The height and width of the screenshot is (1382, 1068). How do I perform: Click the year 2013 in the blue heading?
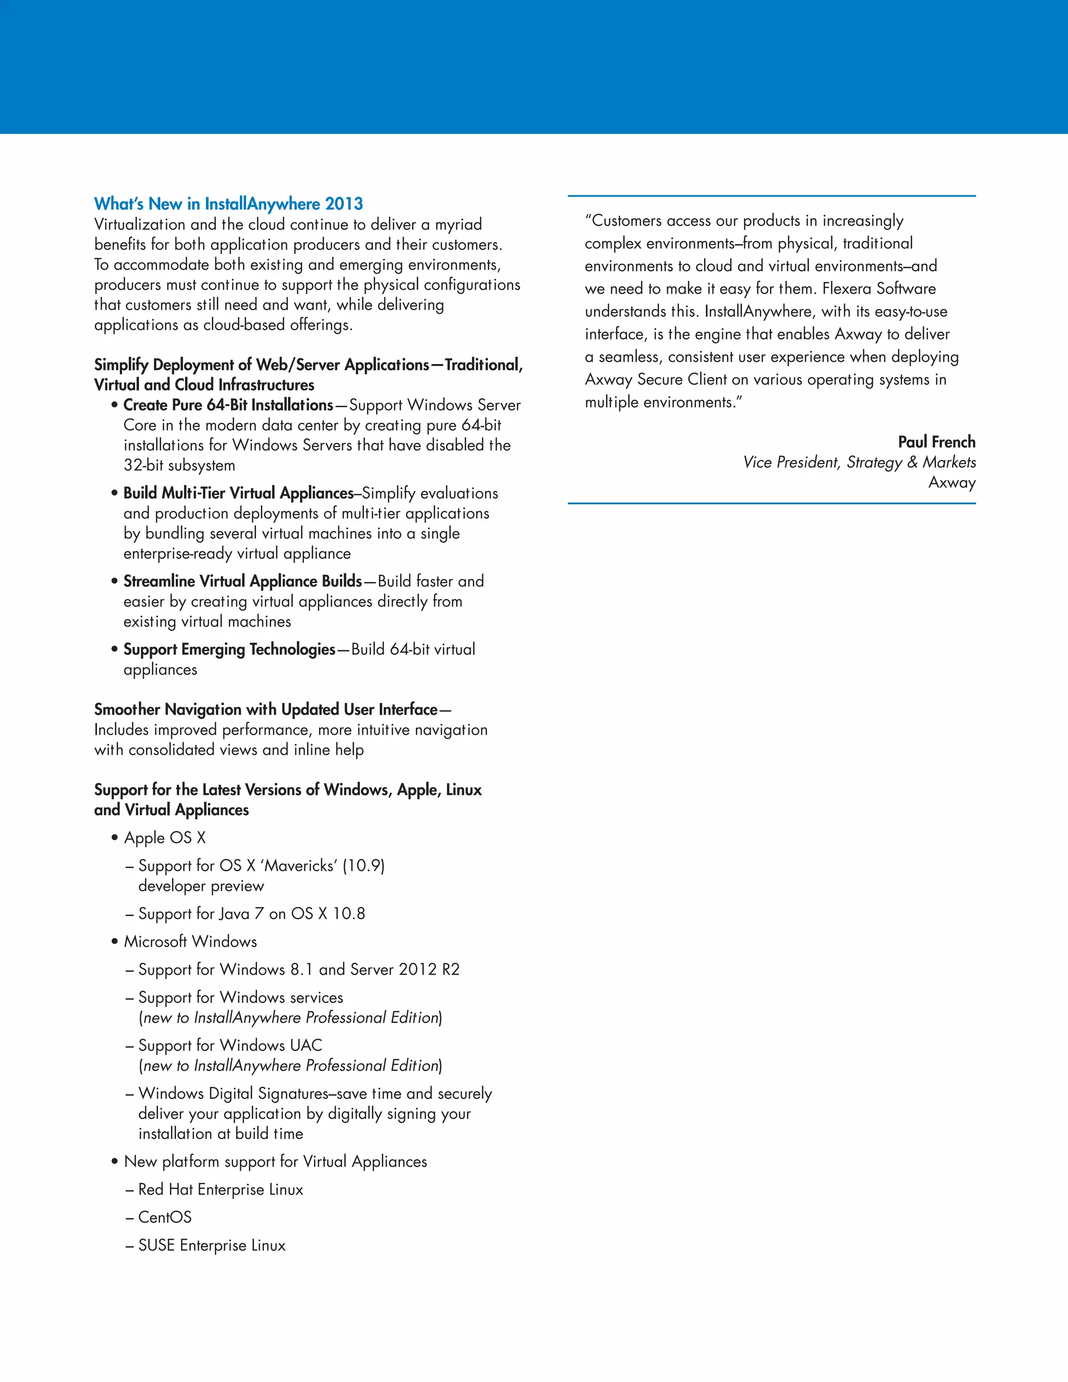click(x=344, y=204)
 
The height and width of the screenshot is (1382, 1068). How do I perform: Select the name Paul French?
click(x=937, y=442)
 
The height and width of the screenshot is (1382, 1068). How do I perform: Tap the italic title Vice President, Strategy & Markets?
click(x=859, y=463)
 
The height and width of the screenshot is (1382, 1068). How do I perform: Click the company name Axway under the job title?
click(x=952, y=483)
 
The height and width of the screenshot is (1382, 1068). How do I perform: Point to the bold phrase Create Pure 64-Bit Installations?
click(x=228, y=405)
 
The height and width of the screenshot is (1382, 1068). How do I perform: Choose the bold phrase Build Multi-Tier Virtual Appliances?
click(x=238, y=493)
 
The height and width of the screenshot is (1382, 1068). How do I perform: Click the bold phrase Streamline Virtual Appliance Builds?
click(x=242, y=581)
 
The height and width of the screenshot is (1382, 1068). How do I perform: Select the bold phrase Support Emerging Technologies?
click(x=229, y=649)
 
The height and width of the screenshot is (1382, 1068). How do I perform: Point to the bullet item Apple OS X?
click(x=164, y=838)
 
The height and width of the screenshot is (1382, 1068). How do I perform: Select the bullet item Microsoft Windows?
click(x=190, y=941)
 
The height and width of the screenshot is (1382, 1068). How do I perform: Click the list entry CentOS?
click(x=164, y=1218)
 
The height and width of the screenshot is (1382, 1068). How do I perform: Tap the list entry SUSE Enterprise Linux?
click(x=211, y=1245)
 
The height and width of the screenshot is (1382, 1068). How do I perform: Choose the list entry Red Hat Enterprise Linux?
click(x=220, y=1190)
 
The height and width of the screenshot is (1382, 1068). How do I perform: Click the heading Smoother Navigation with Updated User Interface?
click(x=266, y=709)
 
